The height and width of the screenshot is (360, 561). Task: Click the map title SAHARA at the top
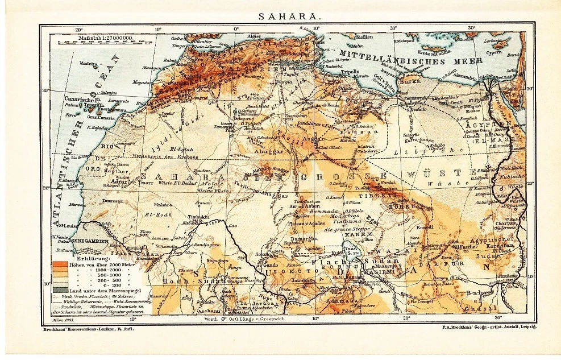(x=289, y=16)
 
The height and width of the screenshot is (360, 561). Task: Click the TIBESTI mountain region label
(x=387, y=194)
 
